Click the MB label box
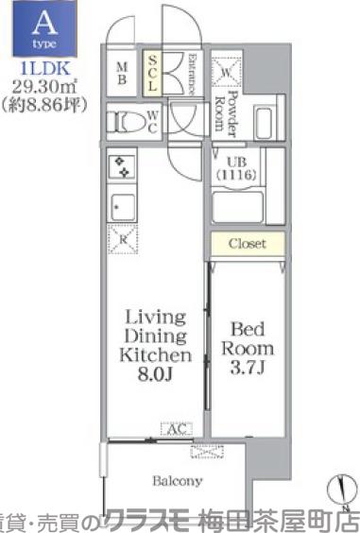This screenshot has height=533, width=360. click(x=123, y=74)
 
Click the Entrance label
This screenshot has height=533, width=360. click(x=190, y=73)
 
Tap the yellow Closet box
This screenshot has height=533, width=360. click(x=247, y=244)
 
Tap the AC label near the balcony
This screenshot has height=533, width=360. click(x=176, y=429)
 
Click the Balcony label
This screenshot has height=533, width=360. click(x=177, y=481)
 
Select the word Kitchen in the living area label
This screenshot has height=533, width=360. click(x=154, y=354)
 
